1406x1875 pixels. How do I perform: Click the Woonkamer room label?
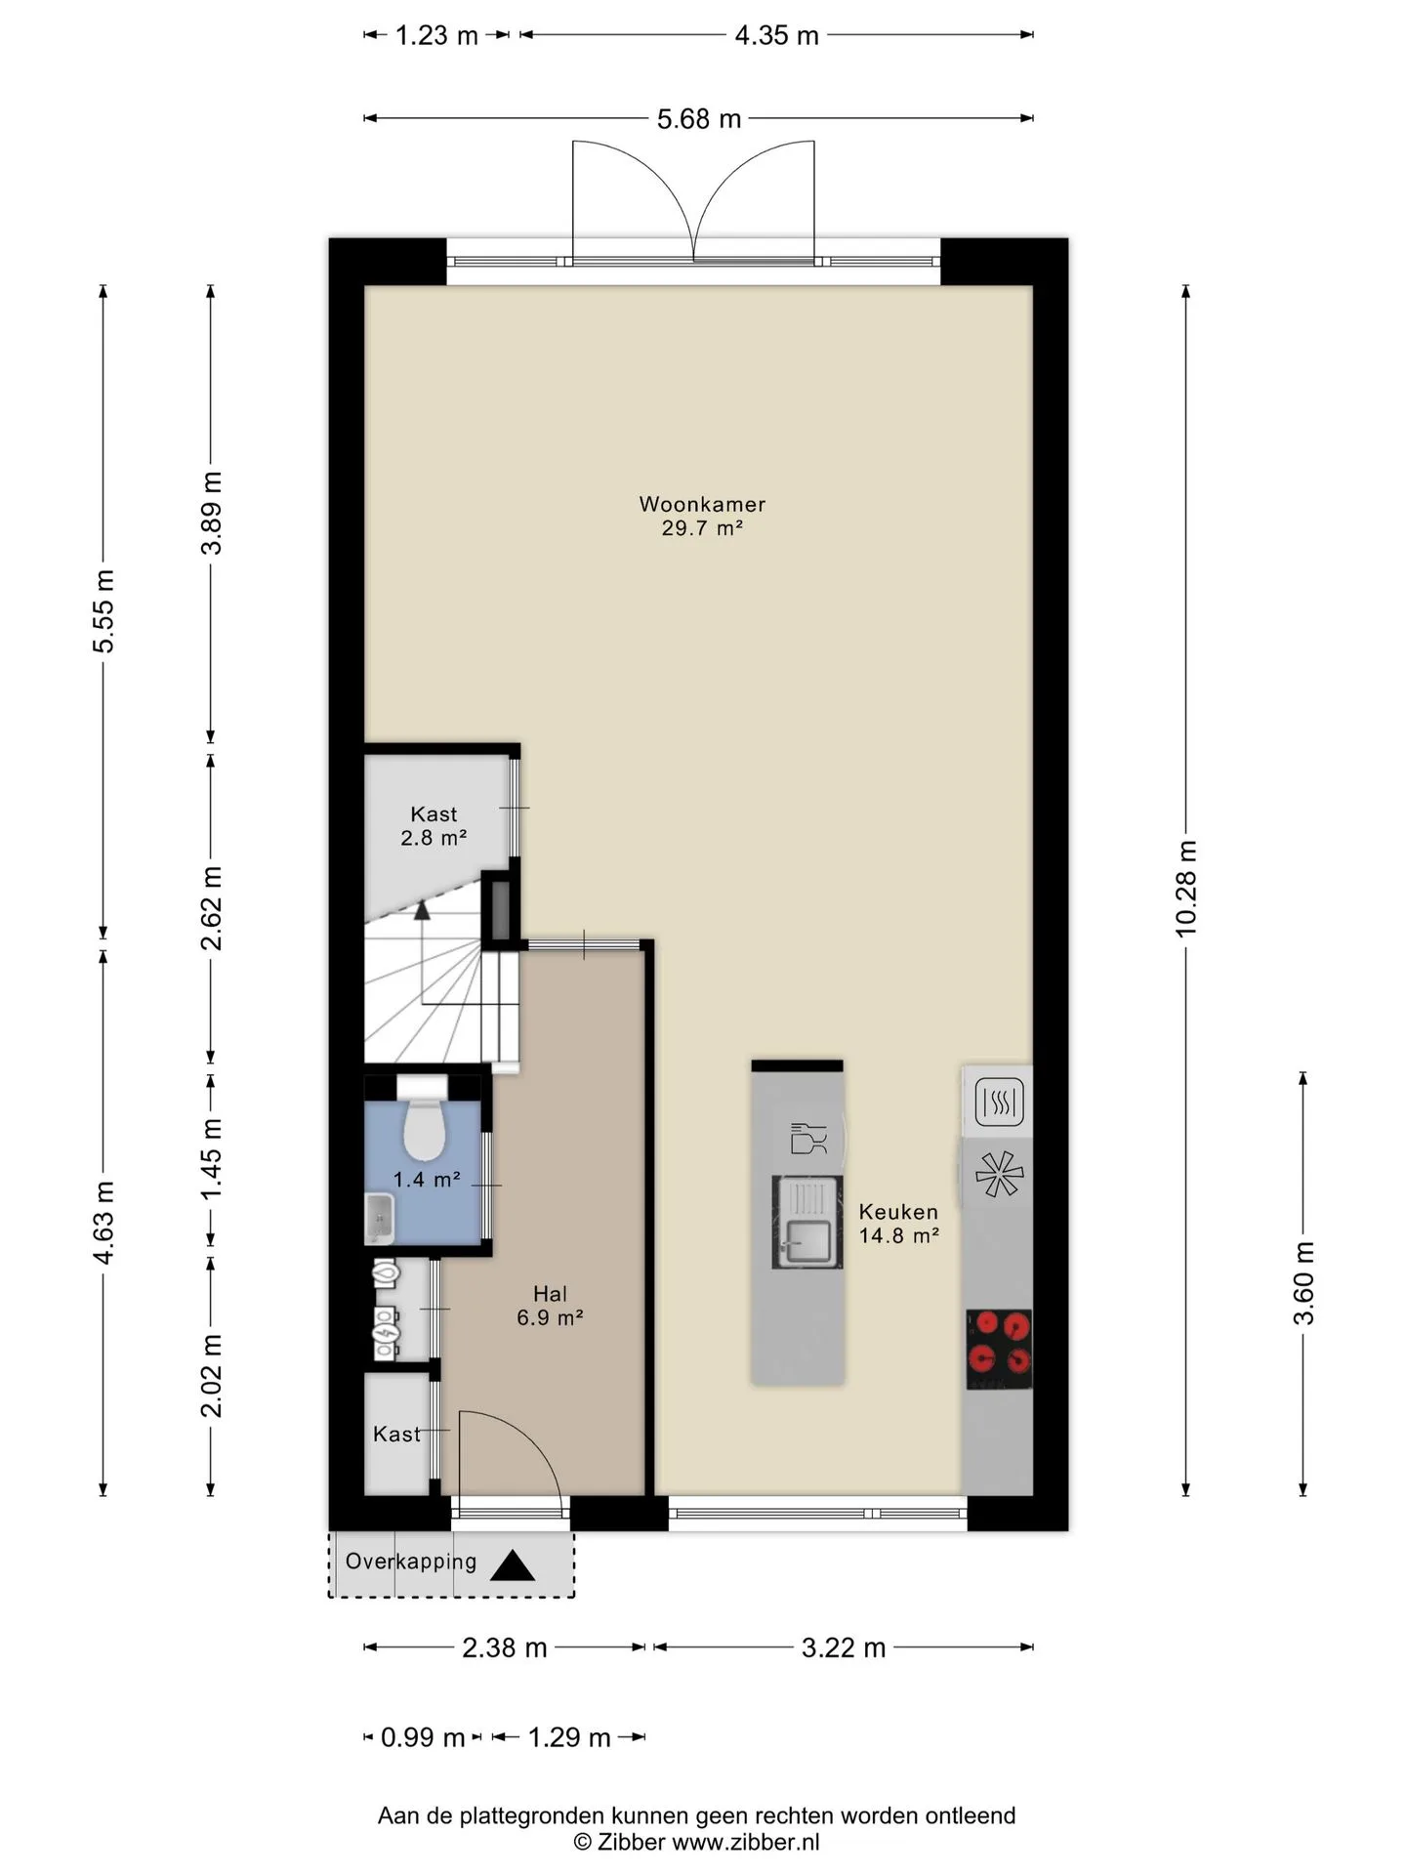click(702, 505)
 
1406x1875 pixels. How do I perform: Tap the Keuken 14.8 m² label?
click(898, 1224)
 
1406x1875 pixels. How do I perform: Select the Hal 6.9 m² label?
click(550, 1306)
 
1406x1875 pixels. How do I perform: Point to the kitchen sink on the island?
click(807, 1223)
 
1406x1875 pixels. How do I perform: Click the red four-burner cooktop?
click(999, 1349)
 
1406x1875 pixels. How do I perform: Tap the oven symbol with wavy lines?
click(999, 1103)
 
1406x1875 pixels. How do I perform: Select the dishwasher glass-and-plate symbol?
click(808, 1139)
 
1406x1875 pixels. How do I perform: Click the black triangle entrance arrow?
click(513, 1566)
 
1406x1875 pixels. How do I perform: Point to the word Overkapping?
click(411, 1562)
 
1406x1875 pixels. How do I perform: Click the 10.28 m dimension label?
click(1186, 889)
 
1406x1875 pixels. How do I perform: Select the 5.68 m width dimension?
click(699, 119)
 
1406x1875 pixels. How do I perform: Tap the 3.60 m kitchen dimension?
click(1303, 1283)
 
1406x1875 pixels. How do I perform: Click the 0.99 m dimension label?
click(423, 1737)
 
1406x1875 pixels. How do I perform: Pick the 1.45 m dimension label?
click(211, 1159)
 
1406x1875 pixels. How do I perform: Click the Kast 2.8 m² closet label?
click(434, 826)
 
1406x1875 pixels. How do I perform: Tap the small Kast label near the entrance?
click(396, 1434)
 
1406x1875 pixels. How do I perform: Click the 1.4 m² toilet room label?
click(427, 1180)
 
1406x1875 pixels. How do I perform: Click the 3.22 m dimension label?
click(844, 1648)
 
